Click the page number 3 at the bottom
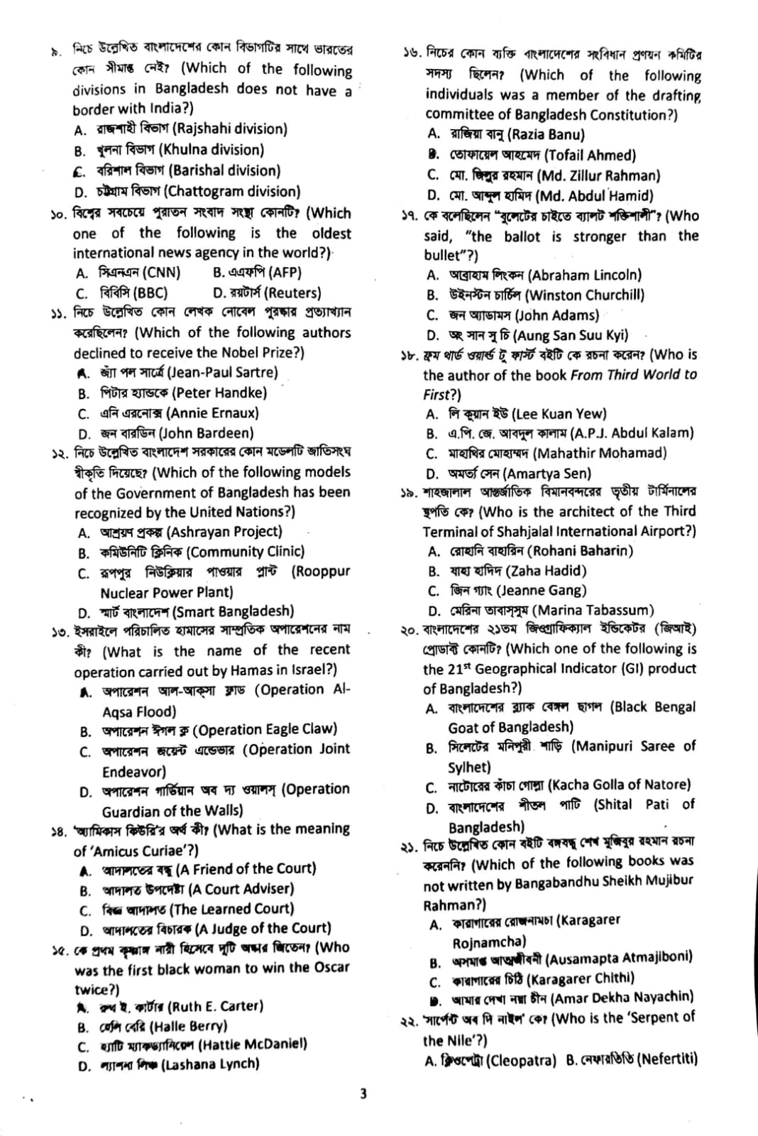(x=363, y=1094)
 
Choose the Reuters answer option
(x=267, y=292)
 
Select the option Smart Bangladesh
(x=187, y=611)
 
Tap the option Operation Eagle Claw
(x=209, y=730)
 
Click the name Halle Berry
(x=153, y=1026)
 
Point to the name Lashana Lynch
(x=169, y=1064)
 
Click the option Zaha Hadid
(x=507, y=570)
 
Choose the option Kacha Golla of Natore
(x=558, y=785)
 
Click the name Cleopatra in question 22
(x=490, y=1060)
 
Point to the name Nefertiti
(x=632, y=1060)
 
